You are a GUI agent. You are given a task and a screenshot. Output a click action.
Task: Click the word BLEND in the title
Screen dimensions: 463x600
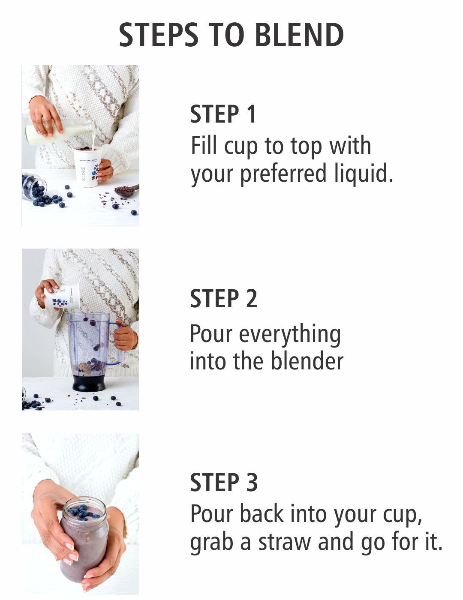[299, 35]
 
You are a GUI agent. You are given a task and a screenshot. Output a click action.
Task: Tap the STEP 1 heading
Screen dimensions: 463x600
[223, 114]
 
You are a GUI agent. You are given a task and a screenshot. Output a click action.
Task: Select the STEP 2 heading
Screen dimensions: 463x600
[224, 298]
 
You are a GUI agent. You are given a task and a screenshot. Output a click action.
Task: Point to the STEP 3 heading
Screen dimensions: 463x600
[224, 482]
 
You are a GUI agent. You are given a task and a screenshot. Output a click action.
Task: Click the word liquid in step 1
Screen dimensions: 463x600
[364, 174]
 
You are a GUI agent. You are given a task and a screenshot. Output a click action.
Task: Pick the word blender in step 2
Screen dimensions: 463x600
[307, 360]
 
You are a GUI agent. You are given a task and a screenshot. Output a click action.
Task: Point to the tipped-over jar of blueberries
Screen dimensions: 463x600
[34, 186]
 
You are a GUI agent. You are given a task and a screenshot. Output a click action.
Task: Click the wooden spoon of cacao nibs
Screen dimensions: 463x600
[126, 190]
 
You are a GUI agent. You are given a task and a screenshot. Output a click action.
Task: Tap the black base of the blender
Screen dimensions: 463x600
[89, 383]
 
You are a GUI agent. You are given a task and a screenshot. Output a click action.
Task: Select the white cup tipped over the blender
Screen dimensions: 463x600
[62, 296]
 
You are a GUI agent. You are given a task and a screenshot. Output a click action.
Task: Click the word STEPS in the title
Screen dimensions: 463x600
[159, 35]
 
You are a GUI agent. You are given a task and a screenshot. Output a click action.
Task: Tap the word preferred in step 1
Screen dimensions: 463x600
[283, 174]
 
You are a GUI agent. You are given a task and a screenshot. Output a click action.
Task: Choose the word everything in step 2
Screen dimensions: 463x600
[290, 335]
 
